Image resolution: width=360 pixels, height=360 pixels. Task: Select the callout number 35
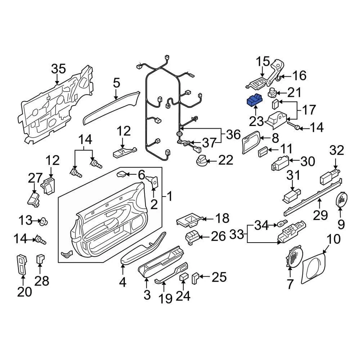[x=58, y=69]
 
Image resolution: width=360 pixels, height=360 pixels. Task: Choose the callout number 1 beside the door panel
[x=169, y=196]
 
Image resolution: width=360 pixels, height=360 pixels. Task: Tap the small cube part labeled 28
[x=40, y=258]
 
